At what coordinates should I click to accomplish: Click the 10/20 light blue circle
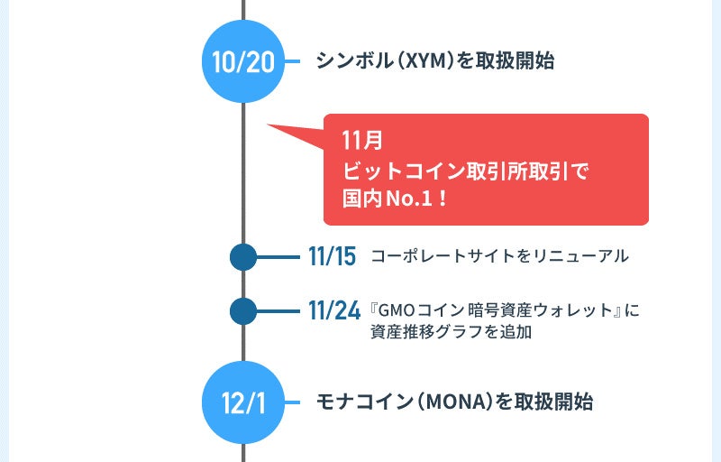tap(243, 61)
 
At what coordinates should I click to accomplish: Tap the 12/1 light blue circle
tap(243, 402)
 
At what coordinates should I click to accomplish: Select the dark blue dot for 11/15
tap(243, 257)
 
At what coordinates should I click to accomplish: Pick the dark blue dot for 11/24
tap(243, 311)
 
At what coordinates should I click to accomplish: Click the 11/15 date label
tap(332, 257)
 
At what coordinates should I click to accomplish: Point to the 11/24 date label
tap(333, 311)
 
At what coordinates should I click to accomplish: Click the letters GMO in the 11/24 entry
tap(395, 310)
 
